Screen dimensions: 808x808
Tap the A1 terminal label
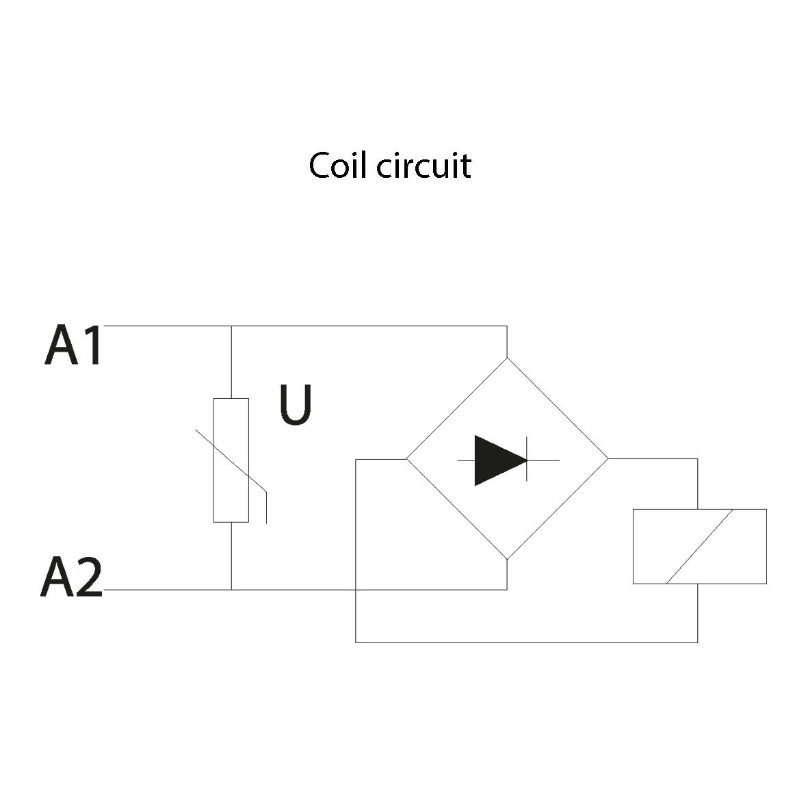click(73, 346)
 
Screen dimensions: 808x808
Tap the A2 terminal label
click(72, 578)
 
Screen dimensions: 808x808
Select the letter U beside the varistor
click(296, 406)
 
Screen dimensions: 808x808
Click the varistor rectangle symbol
click(231, 460)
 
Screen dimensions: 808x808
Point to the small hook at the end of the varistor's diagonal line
click(265, 507)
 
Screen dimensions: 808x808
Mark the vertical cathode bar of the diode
click(526, 460)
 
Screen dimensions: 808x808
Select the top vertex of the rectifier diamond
click(507, 358)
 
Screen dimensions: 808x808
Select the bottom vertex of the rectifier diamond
click(507, 560)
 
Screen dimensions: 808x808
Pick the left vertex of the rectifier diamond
click(407, 459)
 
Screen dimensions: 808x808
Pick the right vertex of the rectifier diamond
click(608, 459)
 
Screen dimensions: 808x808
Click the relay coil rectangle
click(699, 546)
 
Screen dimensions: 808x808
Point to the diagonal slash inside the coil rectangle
click(699, 546)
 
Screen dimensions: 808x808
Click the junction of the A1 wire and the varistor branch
click(231, 326)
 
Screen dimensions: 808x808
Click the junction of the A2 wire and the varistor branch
click(231, 589)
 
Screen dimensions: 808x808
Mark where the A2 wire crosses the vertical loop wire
click(356, 589)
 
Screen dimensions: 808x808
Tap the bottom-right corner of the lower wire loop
click(697, 642)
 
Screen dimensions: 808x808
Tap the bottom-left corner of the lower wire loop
click(356, 642)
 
